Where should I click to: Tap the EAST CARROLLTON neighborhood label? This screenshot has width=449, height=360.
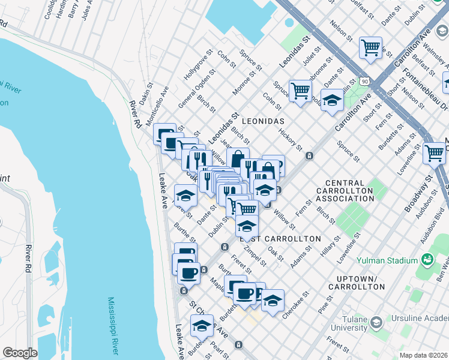(x=280, y=239)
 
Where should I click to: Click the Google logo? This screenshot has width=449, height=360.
(x=20, y=353)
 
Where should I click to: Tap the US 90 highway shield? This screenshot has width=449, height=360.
(x=364, y=80)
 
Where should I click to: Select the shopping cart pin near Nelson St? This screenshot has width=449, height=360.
(x=371, y=48)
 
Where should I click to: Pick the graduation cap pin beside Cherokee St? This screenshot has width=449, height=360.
(x=272, y=301)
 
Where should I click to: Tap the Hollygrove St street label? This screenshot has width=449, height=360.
(x=199, y=68)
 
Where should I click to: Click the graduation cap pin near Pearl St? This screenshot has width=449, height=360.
(x=202, y=326)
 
